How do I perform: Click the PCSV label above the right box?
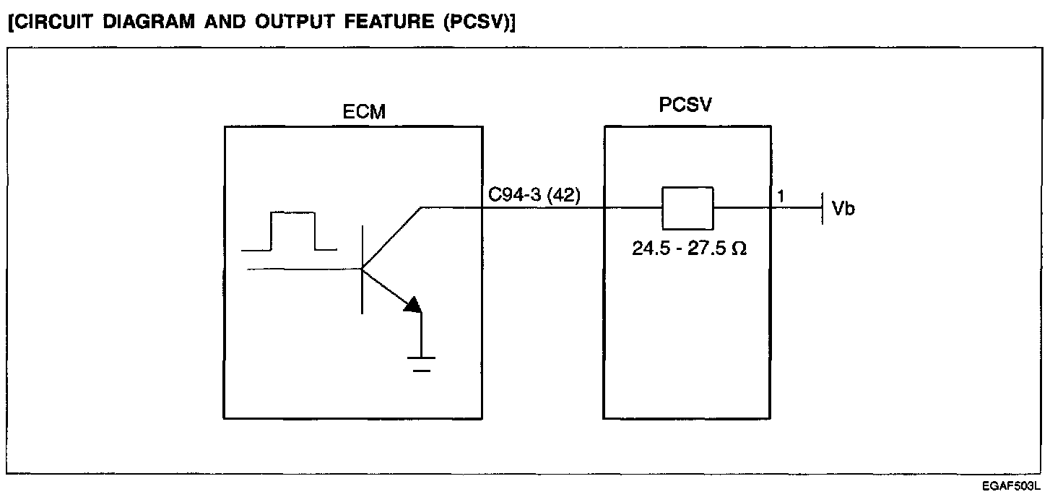coord(685,105)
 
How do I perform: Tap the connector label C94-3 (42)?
coord(534,195)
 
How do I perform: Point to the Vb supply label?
coord(843,209)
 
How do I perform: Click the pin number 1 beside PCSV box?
coord(781,196)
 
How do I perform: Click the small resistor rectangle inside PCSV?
coord(687,208)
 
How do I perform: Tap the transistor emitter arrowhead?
coord(412,306)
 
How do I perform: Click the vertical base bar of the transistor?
coord(361,269)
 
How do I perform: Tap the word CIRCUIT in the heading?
coord(42,22)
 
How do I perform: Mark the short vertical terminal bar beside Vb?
coord(823,208)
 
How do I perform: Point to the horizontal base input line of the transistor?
coord(303,269)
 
